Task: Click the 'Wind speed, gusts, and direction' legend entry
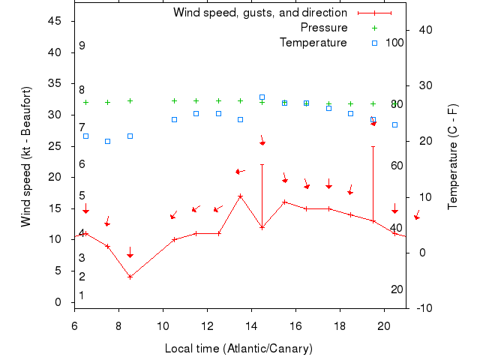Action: click(x=259, y=13)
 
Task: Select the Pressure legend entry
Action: click(x=324, y=28)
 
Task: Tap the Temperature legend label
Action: click(x=313, y=43)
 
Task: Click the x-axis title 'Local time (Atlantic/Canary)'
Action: click(x=238, y=349)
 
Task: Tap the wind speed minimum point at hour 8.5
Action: click(x=130, y=277)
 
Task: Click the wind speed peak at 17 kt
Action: click(x=240, y=196)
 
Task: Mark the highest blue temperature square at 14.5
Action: click(x=262, y=97)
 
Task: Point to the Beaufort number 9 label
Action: click(x=82, y=46)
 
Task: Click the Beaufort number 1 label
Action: click(x=82, y=295)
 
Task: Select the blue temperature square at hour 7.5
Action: click(x=107, y=141)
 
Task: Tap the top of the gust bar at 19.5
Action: click(x=373, y=147)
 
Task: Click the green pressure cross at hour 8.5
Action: click(x=130, y=100)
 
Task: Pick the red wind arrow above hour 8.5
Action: click(x=130, y=253)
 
